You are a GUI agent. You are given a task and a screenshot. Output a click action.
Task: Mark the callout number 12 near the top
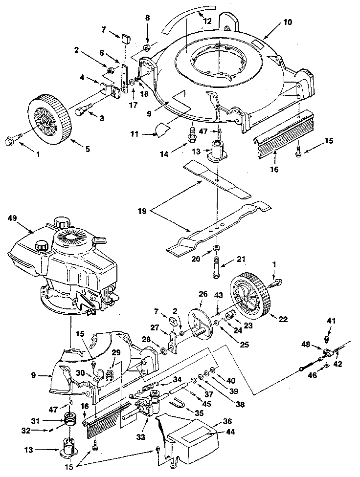point(208,21)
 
